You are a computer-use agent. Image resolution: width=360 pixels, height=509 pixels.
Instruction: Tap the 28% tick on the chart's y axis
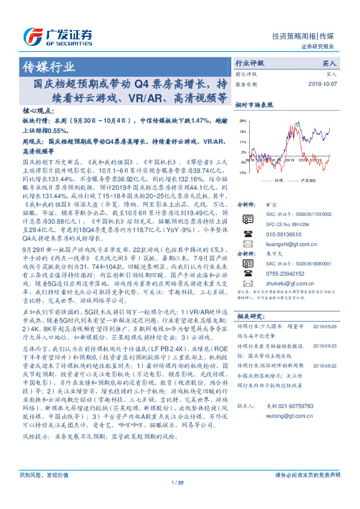tap(242, 120)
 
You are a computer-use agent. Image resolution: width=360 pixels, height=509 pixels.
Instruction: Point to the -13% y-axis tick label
tap(241, 173)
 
